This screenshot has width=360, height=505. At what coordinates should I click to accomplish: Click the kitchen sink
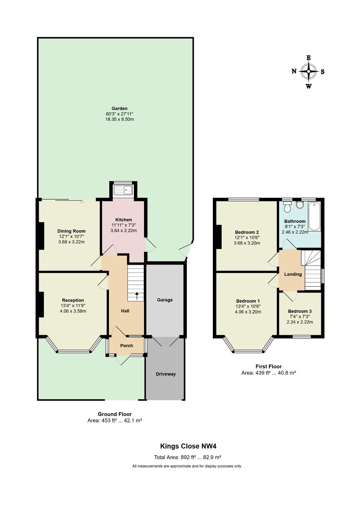[123, 190]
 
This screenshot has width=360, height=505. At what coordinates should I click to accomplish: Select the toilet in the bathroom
[287, 207]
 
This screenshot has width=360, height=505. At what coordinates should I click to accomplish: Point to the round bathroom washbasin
[300, 205]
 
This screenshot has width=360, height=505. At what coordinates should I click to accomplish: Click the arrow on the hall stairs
[137, 296]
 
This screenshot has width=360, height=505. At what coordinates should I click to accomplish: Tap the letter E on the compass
[308, 58]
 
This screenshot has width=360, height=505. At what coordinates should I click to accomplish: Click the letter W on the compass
[309, 86]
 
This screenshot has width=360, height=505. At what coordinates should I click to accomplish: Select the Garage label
[165, 300]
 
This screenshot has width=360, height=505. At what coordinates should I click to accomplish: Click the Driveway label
[165, 374]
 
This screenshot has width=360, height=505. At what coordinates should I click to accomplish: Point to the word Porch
[127, 346]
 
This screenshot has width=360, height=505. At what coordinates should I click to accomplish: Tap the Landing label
[293, 274]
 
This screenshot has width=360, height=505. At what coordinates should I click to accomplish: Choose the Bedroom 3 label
[300, 311]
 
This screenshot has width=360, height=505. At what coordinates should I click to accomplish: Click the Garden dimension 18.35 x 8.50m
[120, 119]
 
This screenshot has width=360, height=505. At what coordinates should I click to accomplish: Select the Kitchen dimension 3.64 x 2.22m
[123, 231]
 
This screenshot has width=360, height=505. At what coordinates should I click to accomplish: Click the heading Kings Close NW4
[188, 446]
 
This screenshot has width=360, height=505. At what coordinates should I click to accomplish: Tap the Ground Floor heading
[115, 414]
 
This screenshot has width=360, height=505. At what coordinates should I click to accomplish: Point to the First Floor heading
[268, 366]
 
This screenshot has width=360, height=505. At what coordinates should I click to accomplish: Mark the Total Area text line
[188, 457]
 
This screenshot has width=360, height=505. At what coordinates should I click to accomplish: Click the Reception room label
[73, 300]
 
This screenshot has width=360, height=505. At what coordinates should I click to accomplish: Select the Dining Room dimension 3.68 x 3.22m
[71, 242]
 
